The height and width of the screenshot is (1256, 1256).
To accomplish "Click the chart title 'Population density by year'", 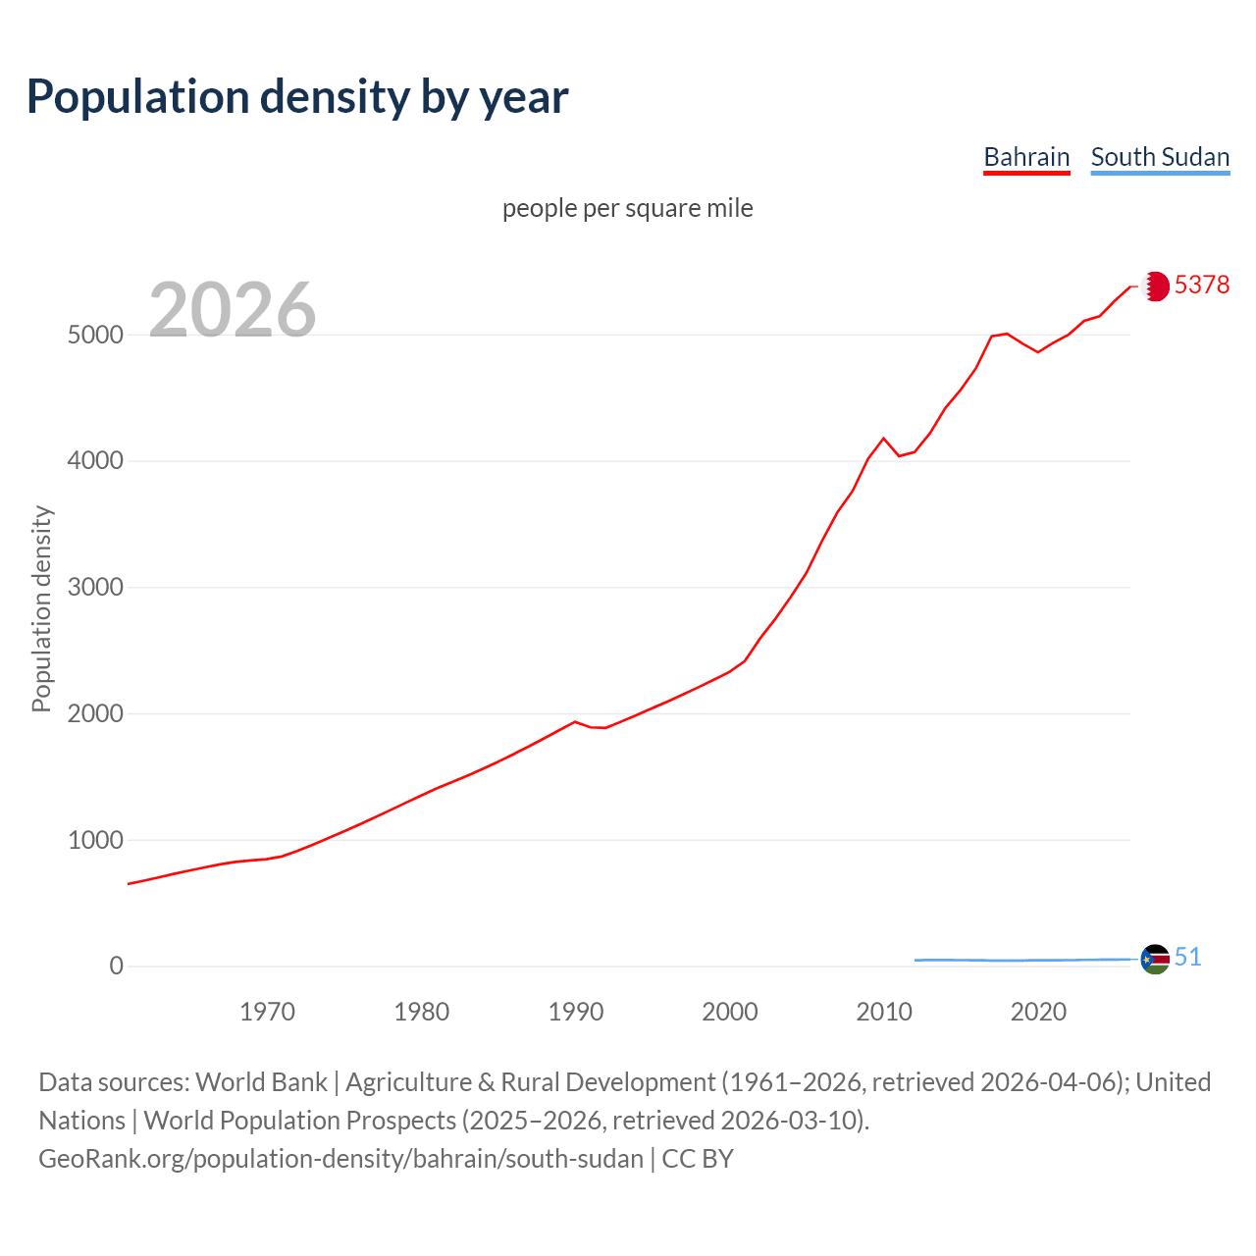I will pos(297,96).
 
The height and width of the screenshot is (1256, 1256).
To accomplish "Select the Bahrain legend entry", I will pos(1026,157).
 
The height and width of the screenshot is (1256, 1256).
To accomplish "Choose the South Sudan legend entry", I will pos(1160,157).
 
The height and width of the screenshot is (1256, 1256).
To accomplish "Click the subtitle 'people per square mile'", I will pos(627,208).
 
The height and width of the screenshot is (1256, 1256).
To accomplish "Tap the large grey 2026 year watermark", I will pos(233,310).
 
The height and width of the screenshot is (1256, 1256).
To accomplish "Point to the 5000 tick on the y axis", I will pos(95,335).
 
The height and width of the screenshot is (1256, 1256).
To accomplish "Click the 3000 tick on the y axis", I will pos(95,588).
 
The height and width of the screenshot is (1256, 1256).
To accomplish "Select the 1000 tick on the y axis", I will pos(95,841).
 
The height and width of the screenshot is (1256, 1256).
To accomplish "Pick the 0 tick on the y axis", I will pos(117,967).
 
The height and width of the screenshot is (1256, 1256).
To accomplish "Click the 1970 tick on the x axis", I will pos(267,1012).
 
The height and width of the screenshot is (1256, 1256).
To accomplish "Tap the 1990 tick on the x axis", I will pos(576,1012).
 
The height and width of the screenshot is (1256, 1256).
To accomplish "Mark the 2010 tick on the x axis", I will pos(884,1012).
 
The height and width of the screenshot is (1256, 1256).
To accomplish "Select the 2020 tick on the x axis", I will pos(1038,1012).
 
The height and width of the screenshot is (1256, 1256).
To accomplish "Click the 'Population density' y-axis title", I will pos(41,608).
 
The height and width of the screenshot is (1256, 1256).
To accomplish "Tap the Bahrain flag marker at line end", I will pos(1155,286).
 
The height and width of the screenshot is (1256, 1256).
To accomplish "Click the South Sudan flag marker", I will pos(1155,959).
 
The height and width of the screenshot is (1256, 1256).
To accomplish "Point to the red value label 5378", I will pos(1202,285).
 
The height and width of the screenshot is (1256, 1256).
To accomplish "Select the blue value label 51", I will pos(1188,957).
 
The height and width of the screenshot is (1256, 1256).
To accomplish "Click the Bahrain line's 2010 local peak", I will pos(883,439).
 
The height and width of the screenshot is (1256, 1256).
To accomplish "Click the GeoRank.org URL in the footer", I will pos(340,1159).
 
